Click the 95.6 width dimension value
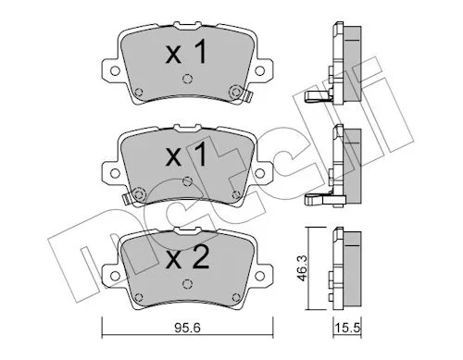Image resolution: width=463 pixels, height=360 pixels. [187, 328]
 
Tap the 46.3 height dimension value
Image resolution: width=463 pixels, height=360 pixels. [302, 267]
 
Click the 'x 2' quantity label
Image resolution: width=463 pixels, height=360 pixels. [187, 258]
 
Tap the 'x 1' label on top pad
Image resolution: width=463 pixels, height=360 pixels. [186, 53]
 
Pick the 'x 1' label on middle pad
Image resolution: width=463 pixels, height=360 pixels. [186, 155]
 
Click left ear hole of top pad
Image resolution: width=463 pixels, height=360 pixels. [115, 71]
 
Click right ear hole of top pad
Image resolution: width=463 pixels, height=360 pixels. [260, 71]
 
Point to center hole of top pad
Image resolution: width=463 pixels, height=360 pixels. [187, 80]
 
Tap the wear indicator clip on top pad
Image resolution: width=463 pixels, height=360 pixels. [248, 97]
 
